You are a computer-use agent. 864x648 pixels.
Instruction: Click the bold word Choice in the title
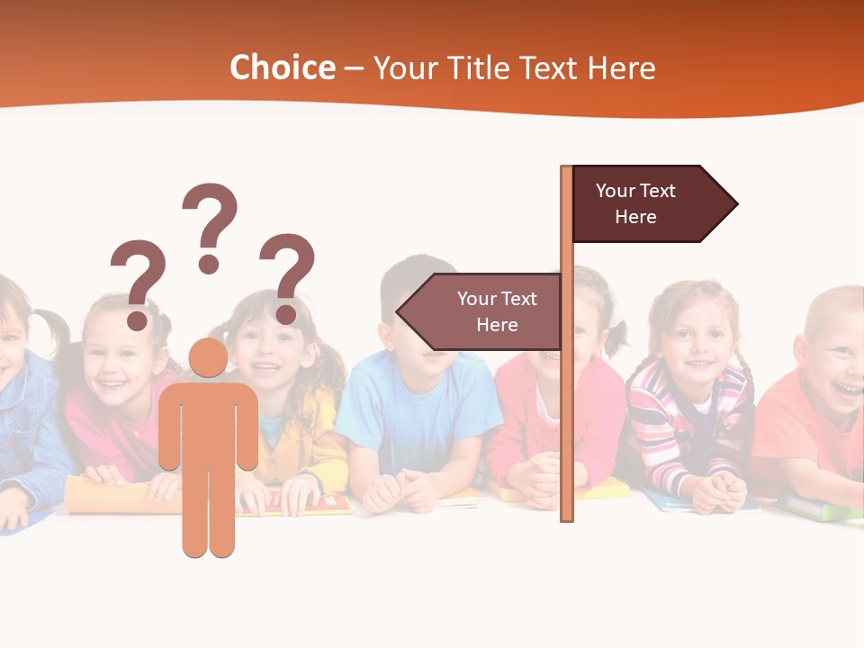click(282, 68)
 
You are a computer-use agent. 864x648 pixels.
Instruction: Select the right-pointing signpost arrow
click(652, 204)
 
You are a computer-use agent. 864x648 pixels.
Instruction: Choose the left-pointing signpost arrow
click(481, 312)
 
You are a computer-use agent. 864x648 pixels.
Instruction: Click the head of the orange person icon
click(208, 357)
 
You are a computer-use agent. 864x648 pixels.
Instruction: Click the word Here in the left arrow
click(497, 325)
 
